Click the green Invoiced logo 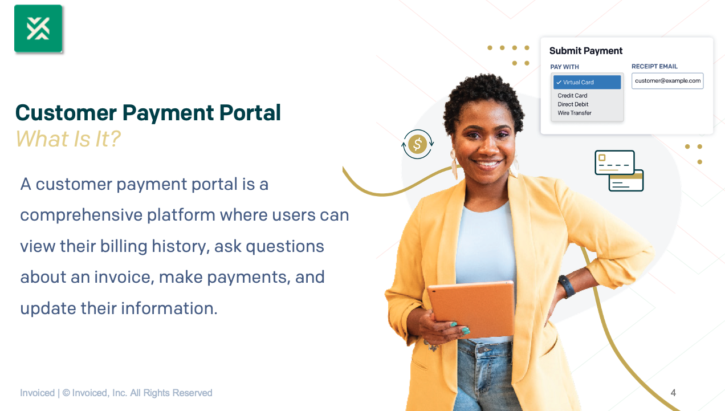(x=38, y=29)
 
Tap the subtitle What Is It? (x=68, y=139)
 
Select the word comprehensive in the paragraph (x=80, y=215)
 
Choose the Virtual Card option (x=587, y=82)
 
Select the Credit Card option (x=572, y=96)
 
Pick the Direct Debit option (x=573, y=104)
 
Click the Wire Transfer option (x=575, y=113)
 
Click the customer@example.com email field (x=667, y=81)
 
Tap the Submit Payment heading (x=586, y=51)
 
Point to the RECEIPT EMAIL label (x=654, y=67)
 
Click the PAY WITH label (x=564, y=67)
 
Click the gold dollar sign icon (x=417, y=144)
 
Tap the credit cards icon (x=619, y=170)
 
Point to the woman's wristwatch (x=567, y=286)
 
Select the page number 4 (x=673, y=393)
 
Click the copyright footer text (x=116, y=393)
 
